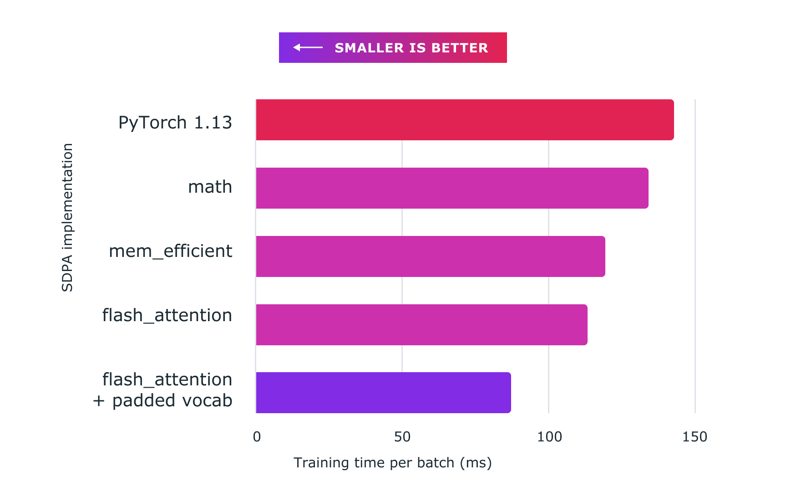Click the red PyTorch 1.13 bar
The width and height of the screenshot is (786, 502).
[x=465, y=120]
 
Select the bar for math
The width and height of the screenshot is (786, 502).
[x=452, y=188]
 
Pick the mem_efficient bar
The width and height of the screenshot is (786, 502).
[x=431, y=256]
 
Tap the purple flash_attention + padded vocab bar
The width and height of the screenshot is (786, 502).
[x=383, y=393]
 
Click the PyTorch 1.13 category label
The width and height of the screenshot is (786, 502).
[x=175, y=123]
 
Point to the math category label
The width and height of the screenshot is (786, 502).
[x=210, y=187]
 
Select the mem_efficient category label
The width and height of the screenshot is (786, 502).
[x=170, y=251]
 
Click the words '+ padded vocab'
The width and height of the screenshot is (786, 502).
[x=162, y=400]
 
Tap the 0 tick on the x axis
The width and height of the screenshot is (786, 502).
[x=257, y=437]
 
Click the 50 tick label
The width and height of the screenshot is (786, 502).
[x=402, y=437]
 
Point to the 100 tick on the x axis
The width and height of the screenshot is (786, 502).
[x=549, y=437]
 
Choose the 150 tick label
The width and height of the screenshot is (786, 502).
[x=695, y=437]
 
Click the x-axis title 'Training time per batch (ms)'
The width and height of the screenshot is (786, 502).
[x=392, y=463]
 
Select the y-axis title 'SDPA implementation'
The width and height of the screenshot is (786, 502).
[x=67, y=217]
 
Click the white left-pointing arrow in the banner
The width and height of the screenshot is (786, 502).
[x=308, y=47]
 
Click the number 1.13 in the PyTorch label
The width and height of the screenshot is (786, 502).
[x=213, y=123]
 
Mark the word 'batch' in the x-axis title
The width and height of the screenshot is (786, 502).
[x=436, y=463]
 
